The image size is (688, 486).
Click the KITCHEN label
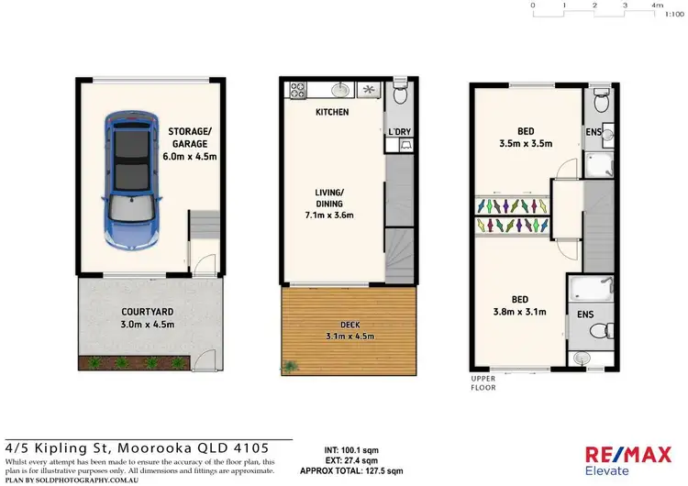331,112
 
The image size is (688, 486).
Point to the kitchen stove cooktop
297,90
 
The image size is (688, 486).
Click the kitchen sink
338,90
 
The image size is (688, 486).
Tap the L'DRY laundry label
400,132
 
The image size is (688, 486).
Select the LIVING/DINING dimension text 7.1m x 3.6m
329,215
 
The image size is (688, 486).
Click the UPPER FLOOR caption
483,383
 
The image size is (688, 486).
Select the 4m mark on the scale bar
657,6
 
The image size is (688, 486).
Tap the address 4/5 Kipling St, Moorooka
138,447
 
